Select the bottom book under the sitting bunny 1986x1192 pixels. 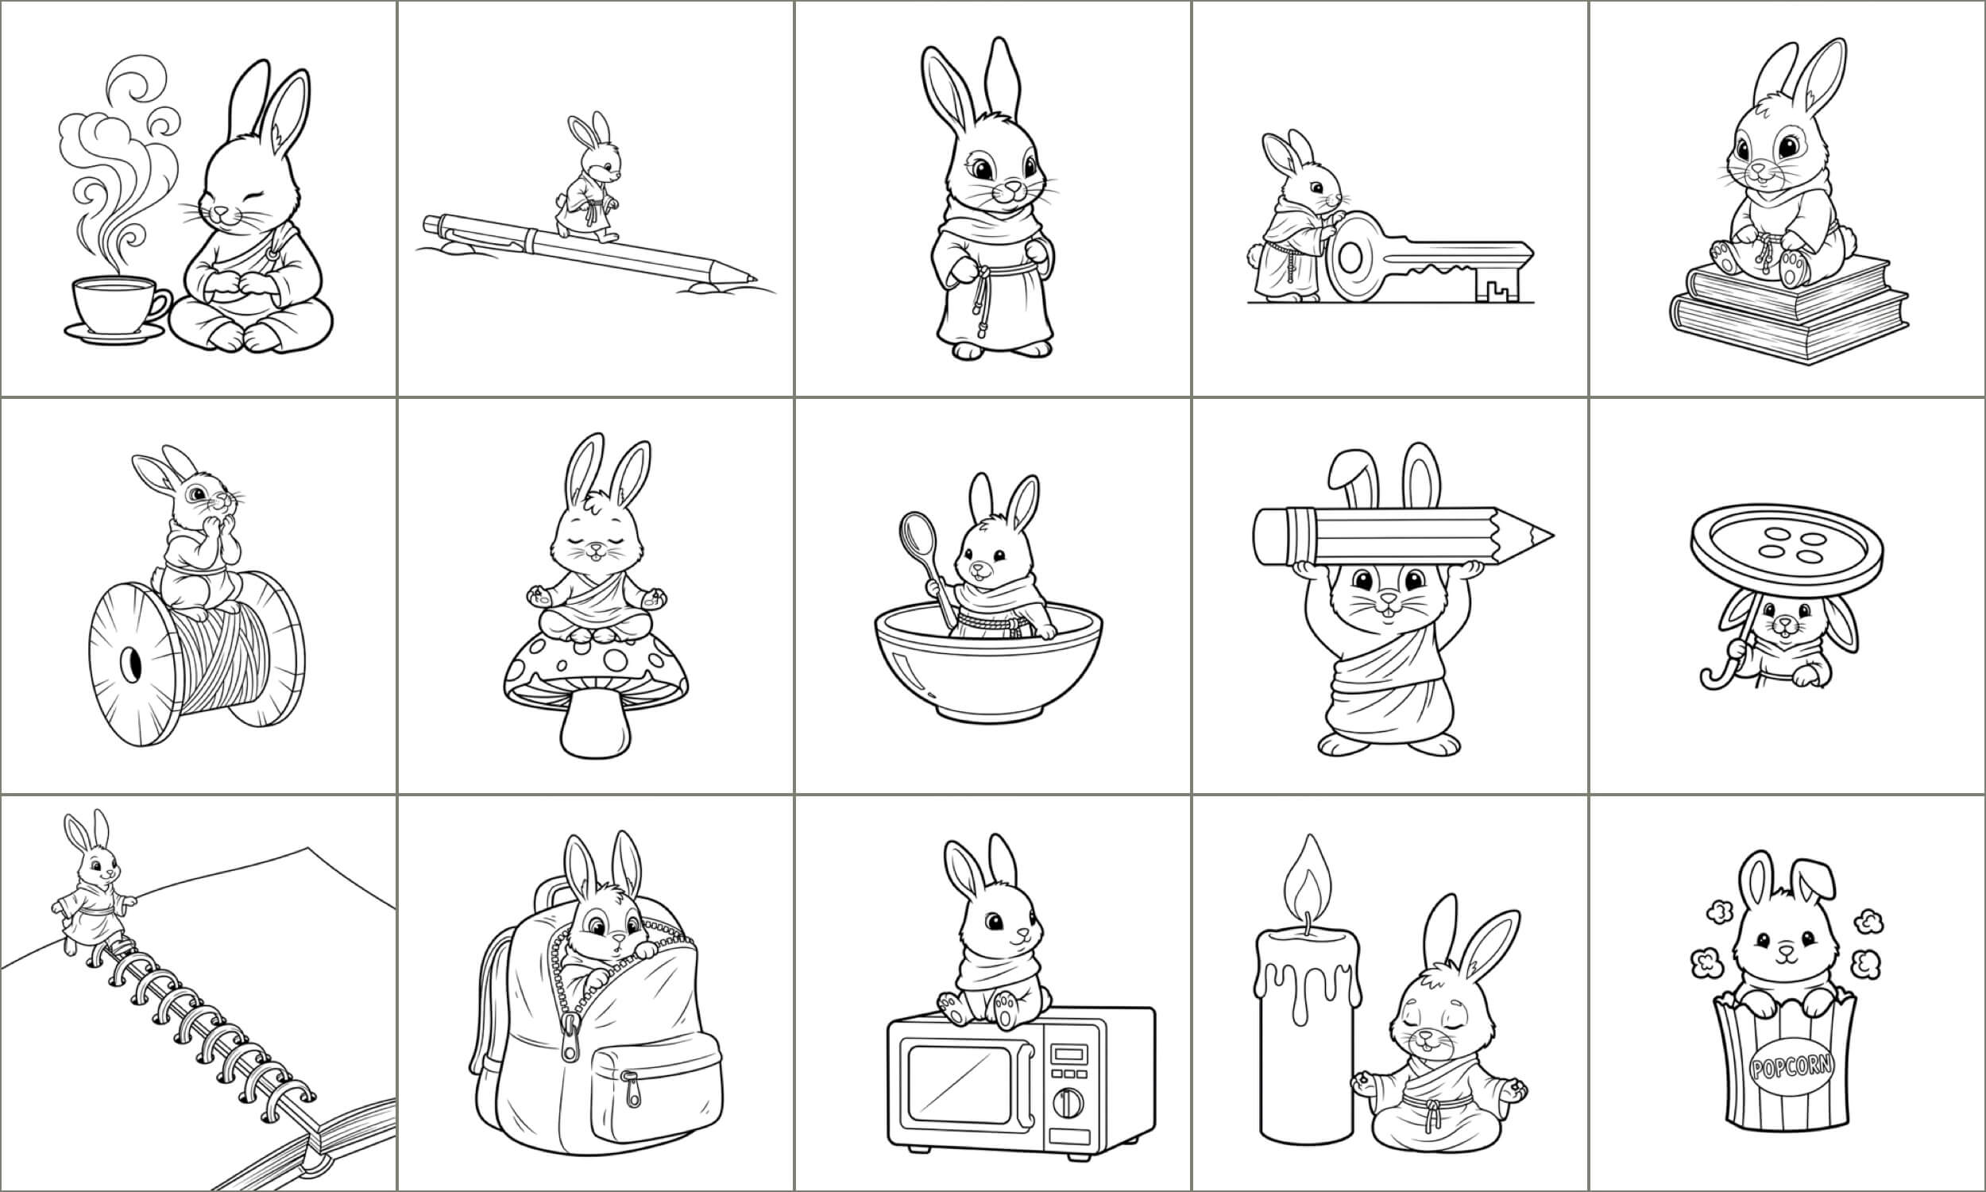point(1789,326)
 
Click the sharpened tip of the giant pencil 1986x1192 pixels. point(1541,536)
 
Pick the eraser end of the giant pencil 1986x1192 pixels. point(1270,536)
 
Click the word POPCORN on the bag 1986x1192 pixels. point(1791,1066)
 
